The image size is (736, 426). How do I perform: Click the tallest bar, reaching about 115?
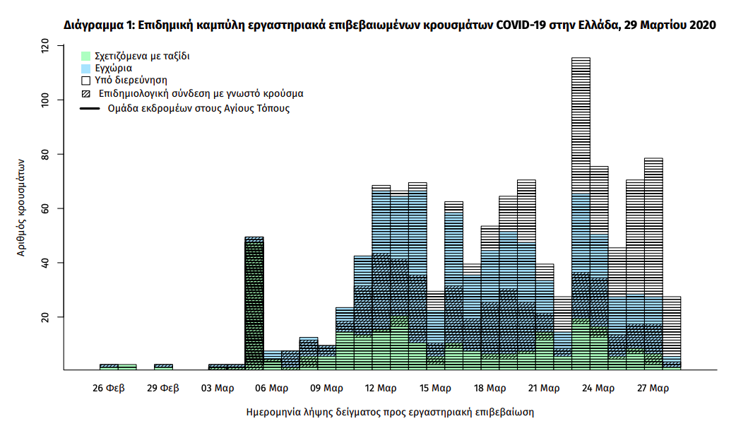click(581, 212)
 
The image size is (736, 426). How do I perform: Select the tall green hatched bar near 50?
click(254, 304)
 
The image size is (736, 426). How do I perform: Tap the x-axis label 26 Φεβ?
click(109, 388)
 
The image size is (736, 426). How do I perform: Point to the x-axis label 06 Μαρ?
click(272, 388)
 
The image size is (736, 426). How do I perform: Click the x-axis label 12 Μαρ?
click(381, 388)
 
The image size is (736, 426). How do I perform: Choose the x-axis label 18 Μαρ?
click(489, 388)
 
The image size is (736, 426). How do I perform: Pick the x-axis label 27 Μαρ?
click(653, 388)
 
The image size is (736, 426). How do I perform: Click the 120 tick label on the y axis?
click(45, 47)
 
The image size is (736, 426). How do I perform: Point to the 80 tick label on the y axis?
click(45, 154)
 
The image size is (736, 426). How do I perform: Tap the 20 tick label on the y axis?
click(45, 317)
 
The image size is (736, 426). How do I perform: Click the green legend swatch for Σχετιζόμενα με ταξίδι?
click(85, 56)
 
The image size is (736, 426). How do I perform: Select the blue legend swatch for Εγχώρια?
click(85, 69)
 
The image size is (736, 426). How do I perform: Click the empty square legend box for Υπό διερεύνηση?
click(85, 81)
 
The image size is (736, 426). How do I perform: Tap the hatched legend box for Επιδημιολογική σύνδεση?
click(85, 94)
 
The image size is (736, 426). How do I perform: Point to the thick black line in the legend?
click(90, 109)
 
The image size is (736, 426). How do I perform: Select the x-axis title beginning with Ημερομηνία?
click(389, 411)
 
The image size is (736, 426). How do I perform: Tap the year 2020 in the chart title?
click(702, 25)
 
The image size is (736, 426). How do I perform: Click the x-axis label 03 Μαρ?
click(218, 388)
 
